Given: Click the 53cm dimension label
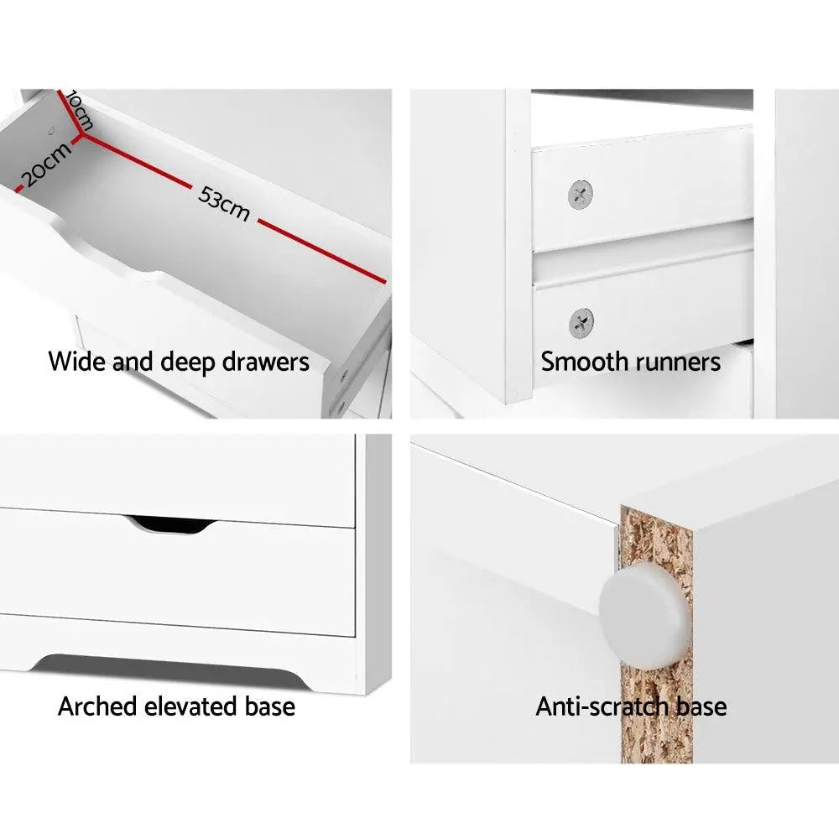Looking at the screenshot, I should click(x=224, y=204).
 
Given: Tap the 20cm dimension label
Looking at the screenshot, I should click(x=45, y=164).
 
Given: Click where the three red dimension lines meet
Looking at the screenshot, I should click(x=81, y=134).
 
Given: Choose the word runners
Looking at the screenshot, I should click(x=679, y=362).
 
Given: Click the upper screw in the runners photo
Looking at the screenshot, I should click(x=581, y=196).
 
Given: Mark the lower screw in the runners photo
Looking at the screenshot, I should click(x=581, y=322).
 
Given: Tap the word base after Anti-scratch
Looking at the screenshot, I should click(x=698, y=706).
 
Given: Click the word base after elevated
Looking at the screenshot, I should click(x=266, y=706).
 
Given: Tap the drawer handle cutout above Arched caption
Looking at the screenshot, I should click(x=170, y=524).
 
